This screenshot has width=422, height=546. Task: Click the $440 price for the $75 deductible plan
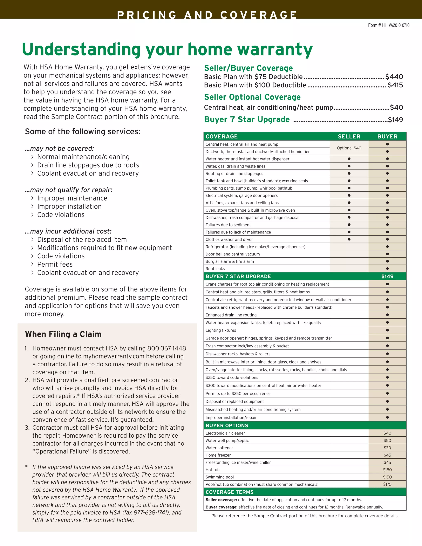pyautogui.click(x=394, y=77)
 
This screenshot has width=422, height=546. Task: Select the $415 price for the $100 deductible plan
pyautogui.click(x=395, y=85)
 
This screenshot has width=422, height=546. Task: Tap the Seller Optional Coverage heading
pyautogui.click(x=252, y=97)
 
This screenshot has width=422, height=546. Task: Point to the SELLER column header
pyautogui.click(x=349, y=136)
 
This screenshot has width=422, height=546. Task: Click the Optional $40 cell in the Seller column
pyautogui.click(x=349, y=148)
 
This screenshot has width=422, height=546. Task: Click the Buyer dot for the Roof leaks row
pyautogui.click(x=387, y=269)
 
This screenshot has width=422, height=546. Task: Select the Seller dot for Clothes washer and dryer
pyautogui.click(x=349, y=239)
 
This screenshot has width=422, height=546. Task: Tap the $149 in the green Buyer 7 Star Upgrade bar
pyautogui.click(x=387, y=277)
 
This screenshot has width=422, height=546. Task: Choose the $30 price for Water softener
pyautogui.click(x=387, y=448)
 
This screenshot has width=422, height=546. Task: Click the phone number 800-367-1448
pyautogui.click(x=166, y=348)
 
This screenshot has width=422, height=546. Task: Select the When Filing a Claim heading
pyautogui.click(x=63, y=334)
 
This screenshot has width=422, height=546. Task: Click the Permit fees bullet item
pyautogui.click(x=55, y=265)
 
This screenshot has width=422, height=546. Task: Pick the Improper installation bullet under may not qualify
pyautogui.click(x=69, y=206)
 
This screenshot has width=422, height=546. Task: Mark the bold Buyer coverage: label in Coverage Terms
pyautogui.click(x=221, y=507)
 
